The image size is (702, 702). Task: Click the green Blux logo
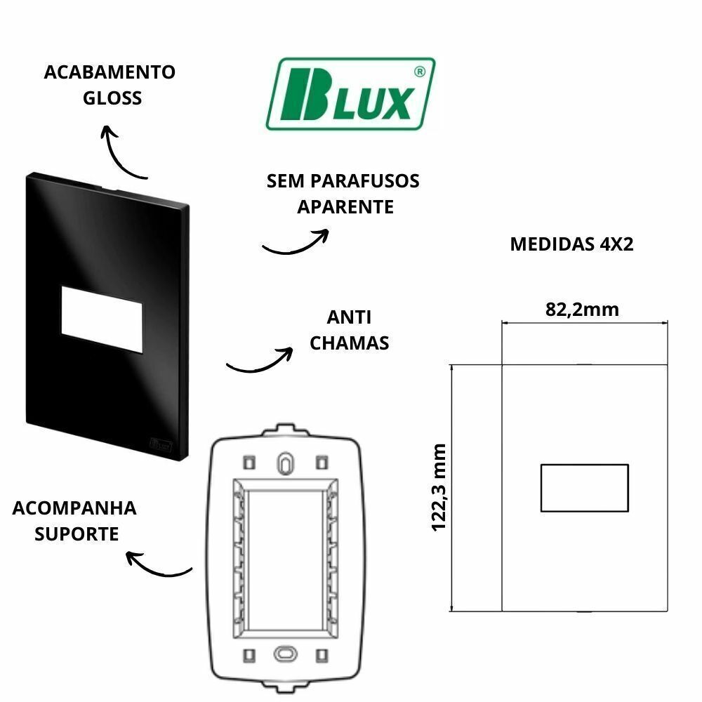click(x=350, y=93)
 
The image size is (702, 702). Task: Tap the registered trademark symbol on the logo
click(x=419, y=72)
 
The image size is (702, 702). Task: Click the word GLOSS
click(x=112, y=98)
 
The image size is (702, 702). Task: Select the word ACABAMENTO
click(x=110, y=72)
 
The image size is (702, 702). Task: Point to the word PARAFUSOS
click(x=365, y=181)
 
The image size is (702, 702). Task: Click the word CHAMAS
click(x=349, y=343)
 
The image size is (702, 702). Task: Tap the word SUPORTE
click(x=77, y=534)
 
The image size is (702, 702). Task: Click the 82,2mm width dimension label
click(x=582, y=309)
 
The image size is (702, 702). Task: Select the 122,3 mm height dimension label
click(x=439, y=487)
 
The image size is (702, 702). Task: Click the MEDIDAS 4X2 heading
click(x=571, y=244)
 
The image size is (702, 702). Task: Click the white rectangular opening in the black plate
click(x=102, y=319)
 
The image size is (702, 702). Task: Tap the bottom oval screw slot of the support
click(x=285, y=653)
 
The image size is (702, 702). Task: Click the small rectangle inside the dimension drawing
click(x=584, y=488)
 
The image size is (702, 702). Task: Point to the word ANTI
click(x=349, y=317)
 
